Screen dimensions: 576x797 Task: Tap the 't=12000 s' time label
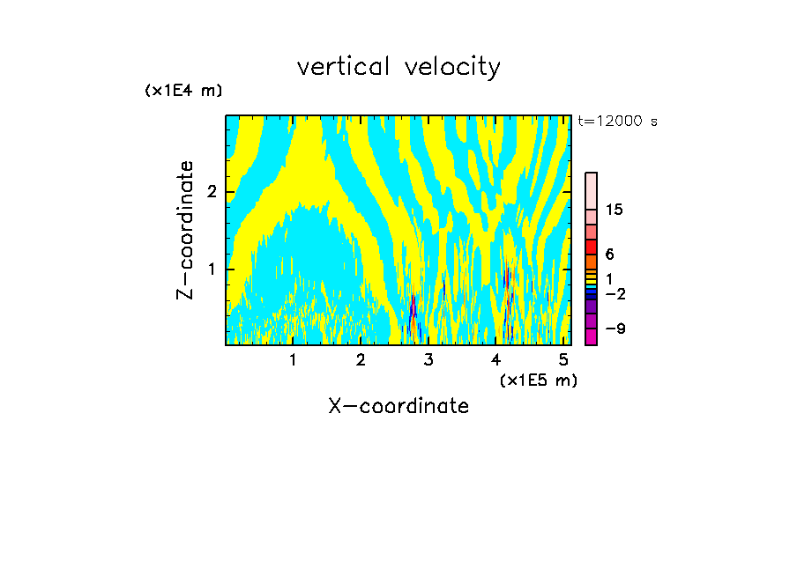tap(617, 122)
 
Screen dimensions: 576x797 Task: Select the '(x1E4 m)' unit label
tap(183, 91)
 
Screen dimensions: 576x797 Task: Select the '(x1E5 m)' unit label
tap(538, 380)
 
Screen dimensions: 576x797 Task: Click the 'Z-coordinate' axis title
tap(185, 230)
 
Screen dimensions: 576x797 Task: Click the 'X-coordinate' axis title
tap(398, 406)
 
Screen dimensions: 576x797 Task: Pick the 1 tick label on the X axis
tap(293, 359)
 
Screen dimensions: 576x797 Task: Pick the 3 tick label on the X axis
tap(428, 359)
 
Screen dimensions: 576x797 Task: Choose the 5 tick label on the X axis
tap(563, 359)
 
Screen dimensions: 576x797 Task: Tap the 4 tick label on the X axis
tap(496, 359)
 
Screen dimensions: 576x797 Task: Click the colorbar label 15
tap(615, 210)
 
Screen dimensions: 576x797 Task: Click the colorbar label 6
tap(609, 254)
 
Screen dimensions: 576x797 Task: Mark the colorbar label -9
tap(615, 329)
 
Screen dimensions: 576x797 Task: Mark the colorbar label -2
tap(615, 293)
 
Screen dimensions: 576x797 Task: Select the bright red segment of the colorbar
tap(591, 247)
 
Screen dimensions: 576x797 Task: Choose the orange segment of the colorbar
tap(591, 262)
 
